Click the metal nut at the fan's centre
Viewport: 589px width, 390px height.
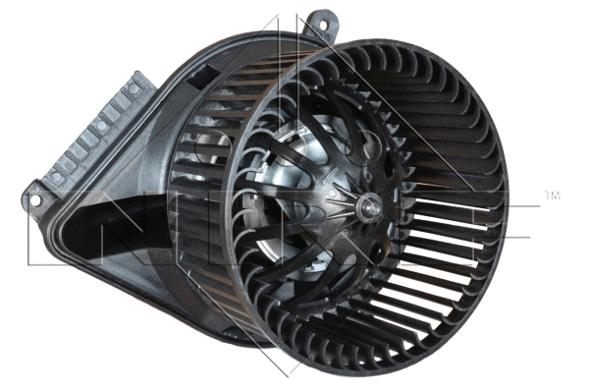[370, 205]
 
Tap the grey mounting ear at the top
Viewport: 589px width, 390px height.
[320, 24]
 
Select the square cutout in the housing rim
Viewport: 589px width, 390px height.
[209, 72]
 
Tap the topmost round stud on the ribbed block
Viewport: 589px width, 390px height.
[134, 89]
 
